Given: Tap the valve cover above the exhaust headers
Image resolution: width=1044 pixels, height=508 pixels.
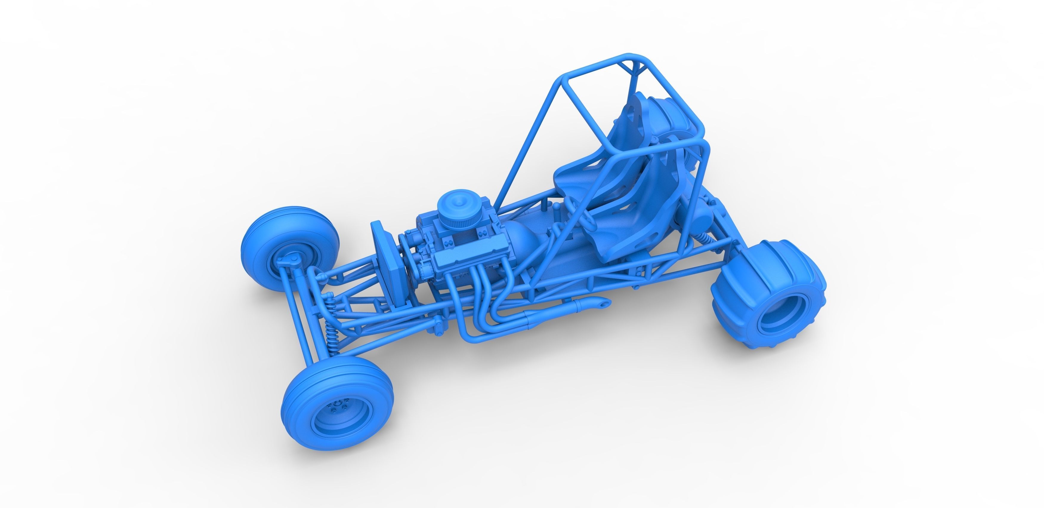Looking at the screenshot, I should [x=462, y=260].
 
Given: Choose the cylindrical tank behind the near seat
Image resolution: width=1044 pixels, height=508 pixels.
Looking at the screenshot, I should [x=705, y=211].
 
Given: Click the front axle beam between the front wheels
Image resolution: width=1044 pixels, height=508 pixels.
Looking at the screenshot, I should [x=302, y=312].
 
